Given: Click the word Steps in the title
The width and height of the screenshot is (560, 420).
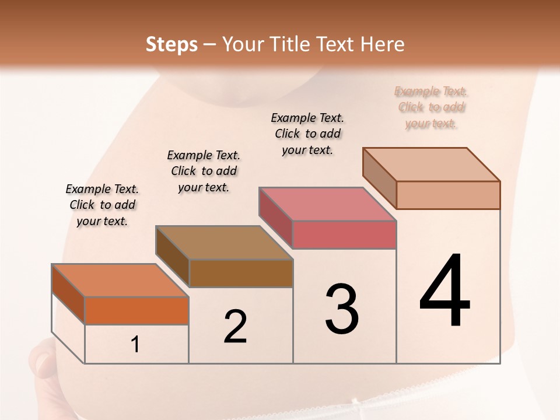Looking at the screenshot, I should [x=171, y=44].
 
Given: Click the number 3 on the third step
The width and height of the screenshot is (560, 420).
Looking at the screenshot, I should [x=342, y=309].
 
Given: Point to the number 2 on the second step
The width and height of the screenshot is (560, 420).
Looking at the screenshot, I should [x=236, y=327].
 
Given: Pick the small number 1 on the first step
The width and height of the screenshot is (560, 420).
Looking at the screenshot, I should [x=135, y=345].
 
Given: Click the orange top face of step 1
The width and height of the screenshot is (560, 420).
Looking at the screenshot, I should [x=120, y=281].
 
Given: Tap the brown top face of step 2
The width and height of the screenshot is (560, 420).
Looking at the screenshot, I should [x=223, y=243].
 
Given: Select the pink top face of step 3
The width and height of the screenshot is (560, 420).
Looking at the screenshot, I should [x=327, y=204].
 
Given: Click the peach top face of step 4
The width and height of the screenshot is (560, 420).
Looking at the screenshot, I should [x=431, y=164].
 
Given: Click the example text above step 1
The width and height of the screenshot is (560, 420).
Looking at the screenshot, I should [x=102, y=205].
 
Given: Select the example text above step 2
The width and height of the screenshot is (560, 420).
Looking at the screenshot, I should [x=204, y=171].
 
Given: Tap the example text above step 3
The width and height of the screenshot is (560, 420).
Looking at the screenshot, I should [x=307, y=134].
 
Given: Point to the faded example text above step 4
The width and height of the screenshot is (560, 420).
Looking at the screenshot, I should [x=431, y=107].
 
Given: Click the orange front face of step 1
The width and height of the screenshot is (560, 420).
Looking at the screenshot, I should [x=136, y=310].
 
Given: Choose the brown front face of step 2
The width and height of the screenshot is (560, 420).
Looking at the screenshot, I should [x=241, y=273].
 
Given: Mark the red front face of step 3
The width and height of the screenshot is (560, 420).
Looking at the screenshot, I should [x=344, y=235].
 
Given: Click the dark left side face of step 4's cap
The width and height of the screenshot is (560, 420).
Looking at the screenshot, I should [x=379, y=178].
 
